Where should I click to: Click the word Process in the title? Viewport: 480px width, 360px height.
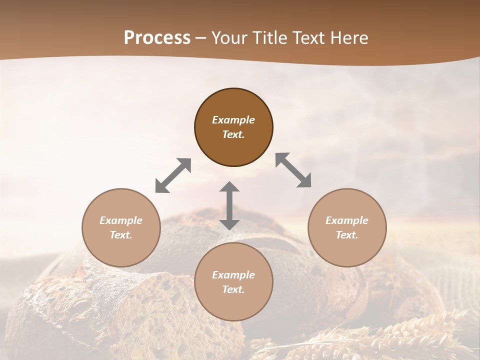pos(157,38)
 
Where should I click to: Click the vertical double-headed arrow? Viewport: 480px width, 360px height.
pos(229,205)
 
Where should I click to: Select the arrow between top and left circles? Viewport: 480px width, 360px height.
pos(173,175)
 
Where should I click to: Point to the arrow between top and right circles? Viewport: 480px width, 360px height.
pos(293,170)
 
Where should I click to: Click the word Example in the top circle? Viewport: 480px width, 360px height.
pos(233,120)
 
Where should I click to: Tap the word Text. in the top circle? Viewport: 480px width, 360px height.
pos(233,134)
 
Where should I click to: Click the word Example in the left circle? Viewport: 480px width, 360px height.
pos(121,220)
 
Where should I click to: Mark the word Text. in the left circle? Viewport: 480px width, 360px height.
pos(121,235)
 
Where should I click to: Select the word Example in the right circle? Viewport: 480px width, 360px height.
pos(347,220)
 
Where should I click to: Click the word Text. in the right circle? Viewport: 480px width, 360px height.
pos(347,235)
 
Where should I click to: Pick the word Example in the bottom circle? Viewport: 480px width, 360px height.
pos(233,275)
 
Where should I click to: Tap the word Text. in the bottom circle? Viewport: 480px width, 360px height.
pos(233,289)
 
